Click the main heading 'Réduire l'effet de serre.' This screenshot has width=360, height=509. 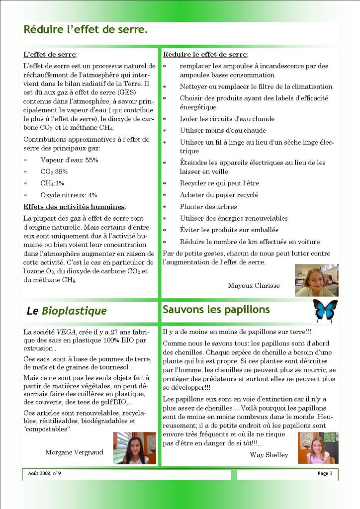coord(86,30)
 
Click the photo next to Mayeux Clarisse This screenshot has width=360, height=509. coord(316,280)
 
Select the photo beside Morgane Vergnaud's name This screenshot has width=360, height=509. coord(134,448)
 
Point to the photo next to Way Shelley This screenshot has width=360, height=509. coord(318,447)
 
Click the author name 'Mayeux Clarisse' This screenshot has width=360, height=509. coord(254,285)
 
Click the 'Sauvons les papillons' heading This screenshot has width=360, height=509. coord(216,310)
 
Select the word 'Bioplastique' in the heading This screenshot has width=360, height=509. coord(74,312)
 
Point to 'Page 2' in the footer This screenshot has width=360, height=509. coord(325,473)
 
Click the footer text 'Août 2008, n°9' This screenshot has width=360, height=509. coord(42,473)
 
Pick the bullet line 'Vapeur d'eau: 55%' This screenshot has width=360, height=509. coord(69,160)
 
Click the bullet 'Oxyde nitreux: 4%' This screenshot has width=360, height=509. coord(69,195)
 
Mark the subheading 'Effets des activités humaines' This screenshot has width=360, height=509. coord(74,207)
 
